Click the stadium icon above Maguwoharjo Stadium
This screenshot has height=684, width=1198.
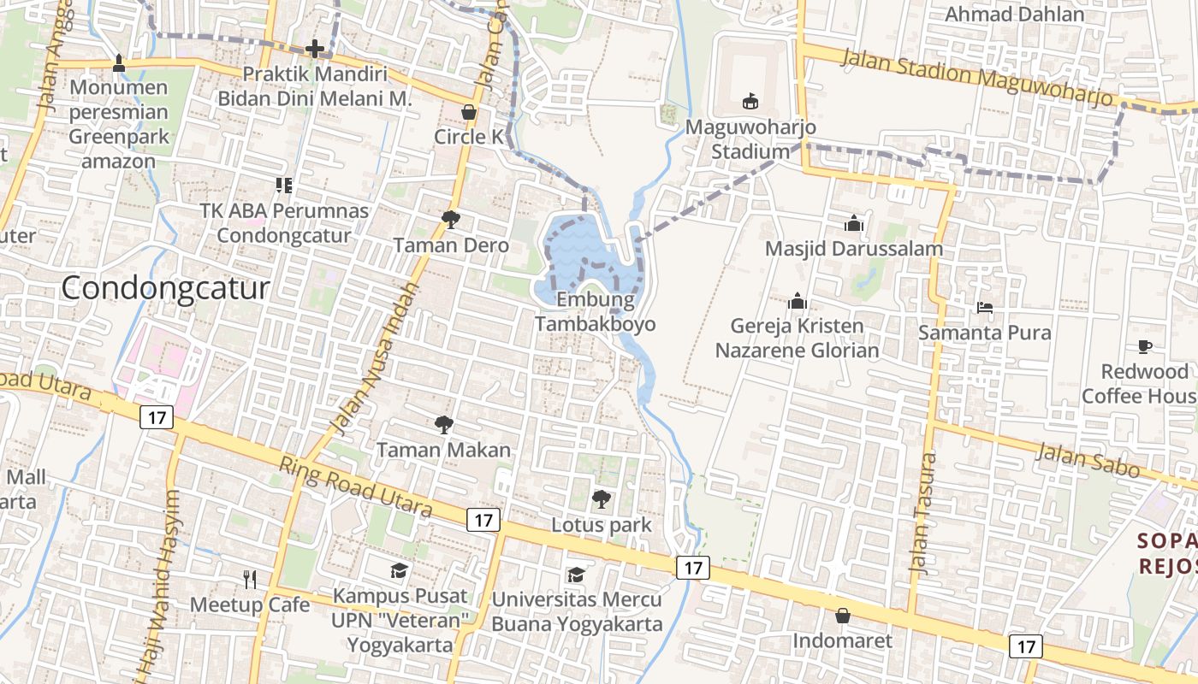coord(750,102)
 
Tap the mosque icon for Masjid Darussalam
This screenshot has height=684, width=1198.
coord(853,223)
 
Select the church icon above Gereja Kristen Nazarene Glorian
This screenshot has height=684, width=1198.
coord(798,301)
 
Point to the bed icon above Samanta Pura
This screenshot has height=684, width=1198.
coord(984,307)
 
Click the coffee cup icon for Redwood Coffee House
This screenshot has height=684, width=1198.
coord(1145,346)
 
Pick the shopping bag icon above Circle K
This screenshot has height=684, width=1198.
coord(469,111)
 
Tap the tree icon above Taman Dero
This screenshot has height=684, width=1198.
coord(450,220)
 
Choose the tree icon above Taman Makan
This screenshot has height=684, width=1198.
coord(443,424)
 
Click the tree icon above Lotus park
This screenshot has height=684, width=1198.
coord(602,498)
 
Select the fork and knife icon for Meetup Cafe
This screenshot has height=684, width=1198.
coord(249,579)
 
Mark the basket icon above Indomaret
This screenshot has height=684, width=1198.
coord(842,616)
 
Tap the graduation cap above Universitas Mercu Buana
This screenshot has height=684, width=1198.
coord(576,574)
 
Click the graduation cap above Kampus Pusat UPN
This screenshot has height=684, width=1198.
coord(400,570)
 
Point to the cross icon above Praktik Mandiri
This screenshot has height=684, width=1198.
coord(315,49)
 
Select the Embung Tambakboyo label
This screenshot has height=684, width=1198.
coord(596,312)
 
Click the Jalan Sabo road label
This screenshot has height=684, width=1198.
coord(1088,461)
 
